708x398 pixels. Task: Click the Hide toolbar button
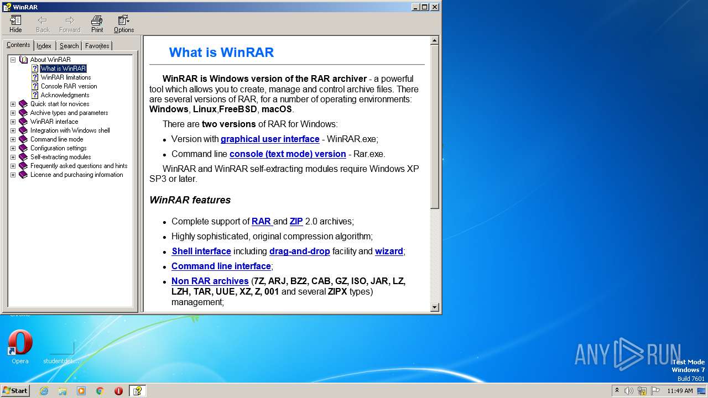pos(15,24)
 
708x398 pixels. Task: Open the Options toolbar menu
pos(124,24)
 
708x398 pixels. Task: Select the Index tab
pos(44,46)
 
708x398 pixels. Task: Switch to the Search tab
pos(69,46)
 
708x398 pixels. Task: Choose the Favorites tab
pos(97,46)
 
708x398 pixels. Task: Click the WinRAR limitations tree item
pos(66,77)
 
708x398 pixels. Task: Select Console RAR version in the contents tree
pos(69,86)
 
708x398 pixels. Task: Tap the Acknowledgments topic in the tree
pos(65,95)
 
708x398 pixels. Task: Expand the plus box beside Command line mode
pos(13,139)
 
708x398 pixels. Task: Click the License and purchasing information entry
pos(76,175)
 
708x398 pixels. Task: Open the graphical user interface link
pos(270,139)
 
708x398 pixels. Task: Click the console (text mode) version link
pos(288,154)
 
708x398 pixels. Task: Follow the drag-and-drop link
pos(299,252)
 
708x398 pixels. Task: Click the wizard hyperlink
pos(389,252)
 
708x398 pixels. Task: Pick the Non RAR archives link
pos(210,281)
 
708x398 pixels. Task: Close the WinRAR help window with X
pos(435,7)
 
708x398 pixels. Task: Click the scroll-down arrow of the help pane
pos(434,307)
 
